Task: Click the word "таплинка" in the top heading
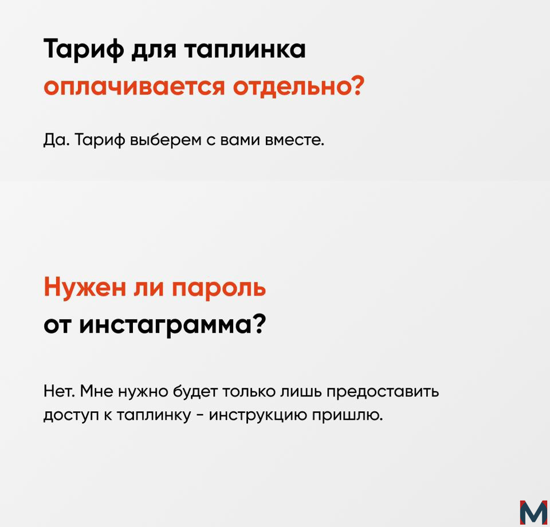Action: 245,50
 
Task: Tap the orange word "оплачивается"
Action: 134,86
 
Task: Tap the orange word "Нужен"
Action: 85,288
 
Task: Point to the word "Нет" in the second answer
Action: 58,391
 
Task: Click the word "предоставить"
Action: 383,392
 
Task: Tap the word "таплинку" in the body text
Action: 154,415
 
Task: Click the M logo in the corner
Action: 533,513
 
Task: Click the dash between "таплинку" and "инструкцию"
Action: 201,416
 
